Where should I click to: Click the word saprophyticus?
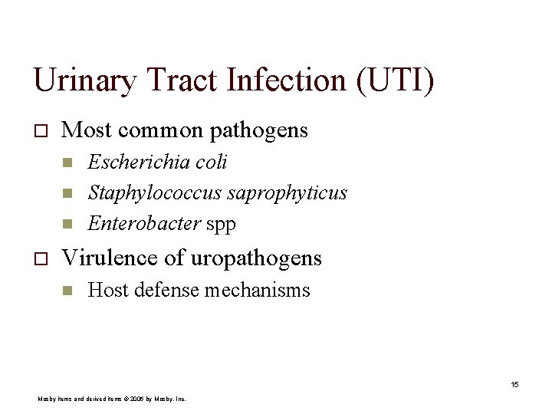(x=287, y=193)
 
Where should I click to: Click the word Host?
(x=105, y=290)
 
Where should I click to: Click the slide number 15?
(x=514, y=384)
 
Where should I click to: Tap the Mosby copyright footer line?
(x=112, y=399)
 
